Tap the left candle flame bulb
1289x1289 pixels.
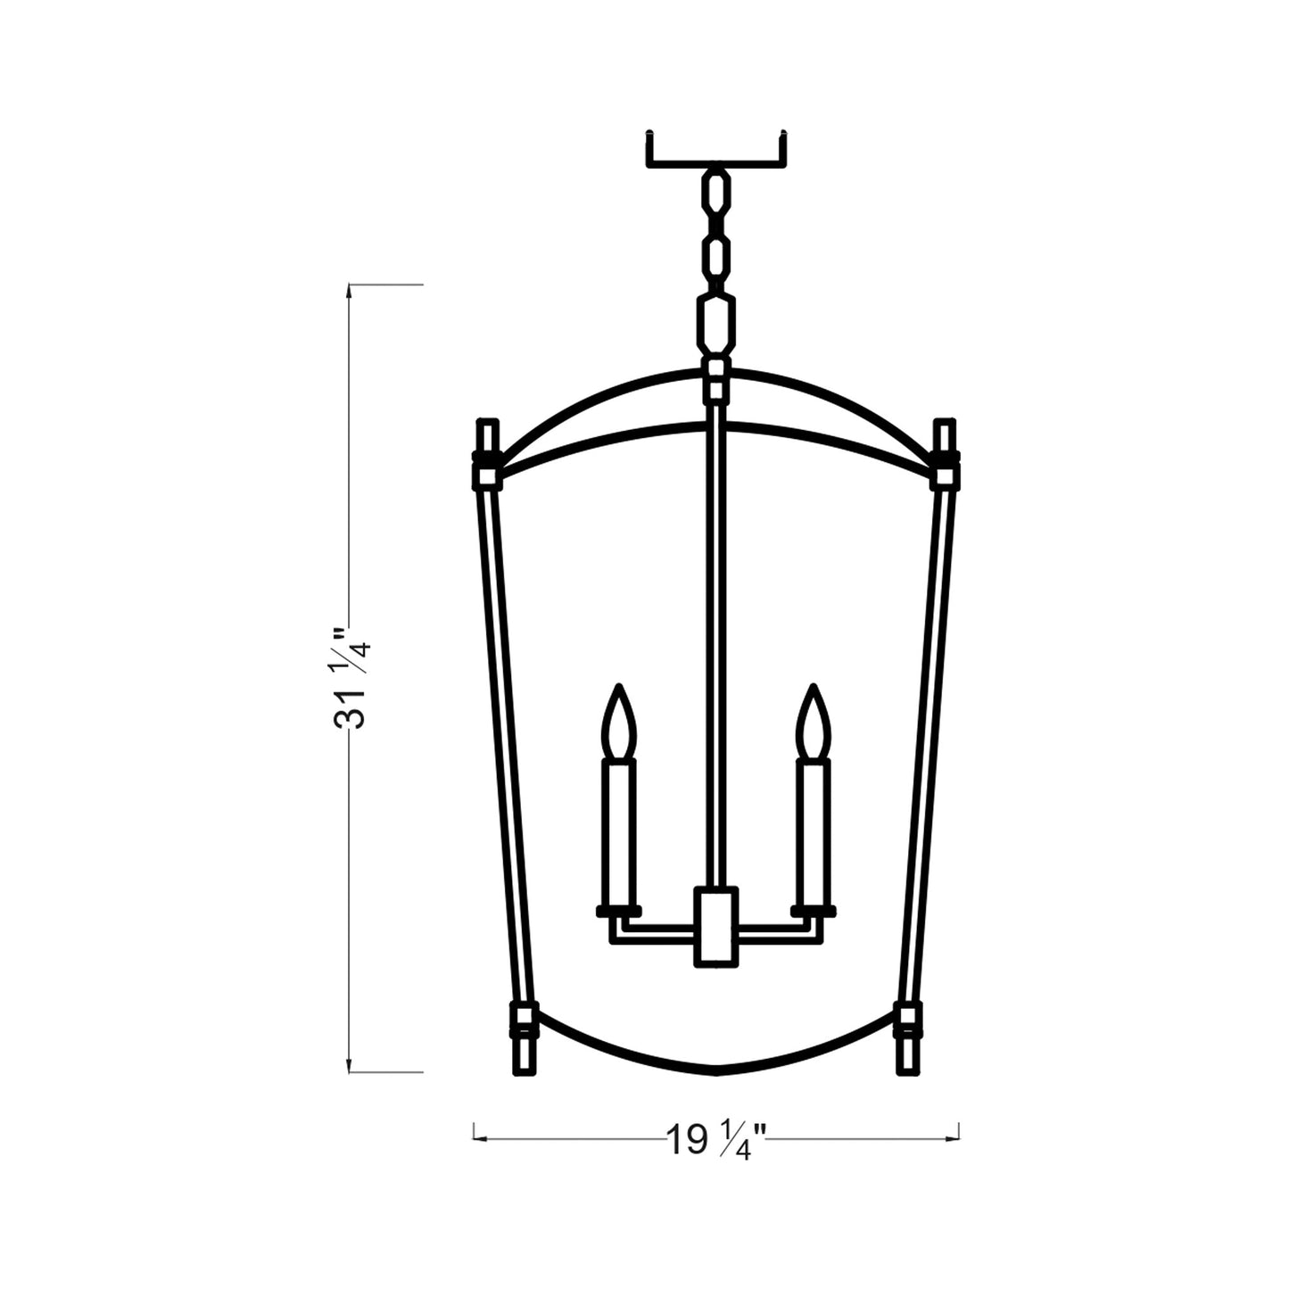618,723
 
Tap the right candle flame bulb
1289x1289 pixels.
813,723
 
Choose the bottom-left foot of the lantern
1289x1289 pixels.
523,1053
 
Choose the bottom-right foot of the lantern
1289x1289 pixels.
907,1053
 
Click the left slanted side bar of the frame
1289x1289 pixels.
506,740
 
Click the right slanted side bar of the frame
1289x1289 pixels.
925,740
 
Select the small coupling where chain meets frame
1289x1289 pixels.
715,379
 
